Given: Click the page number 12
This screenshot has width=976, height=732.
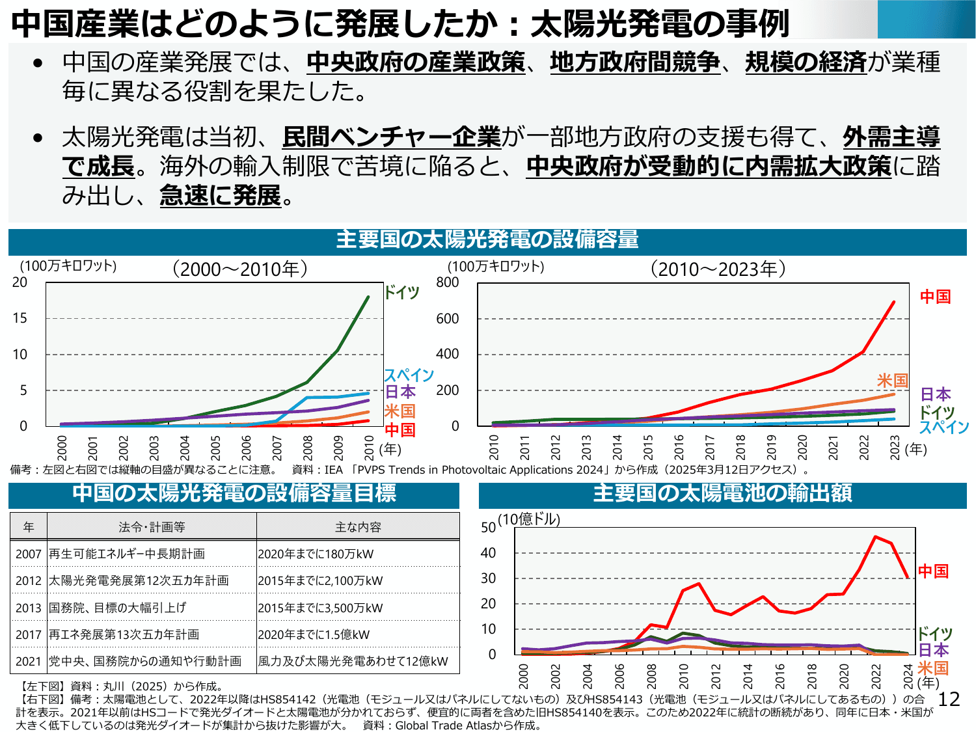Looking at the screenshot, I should tap(949, 699).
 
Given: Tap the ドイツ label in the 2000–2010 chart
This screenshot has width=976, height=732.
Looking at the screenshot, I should tap(401, 292).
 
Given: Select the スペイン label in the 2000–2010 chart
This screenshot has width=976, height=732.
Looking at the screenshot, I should tap(409, 375).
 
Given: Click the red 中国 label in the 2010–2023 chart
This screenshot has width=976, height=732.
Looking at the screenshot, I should tap(935, 297).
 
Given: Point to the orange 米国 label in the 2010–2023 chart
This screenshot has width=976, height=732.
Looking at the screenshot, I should tap(892, 380).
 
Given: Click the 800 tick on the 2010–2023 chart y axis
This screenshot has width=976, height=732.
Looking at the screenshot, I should tap(448, 282).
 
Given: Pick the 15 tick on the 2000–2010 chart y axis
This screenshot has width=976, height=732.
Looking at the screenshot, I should tap(20, 318).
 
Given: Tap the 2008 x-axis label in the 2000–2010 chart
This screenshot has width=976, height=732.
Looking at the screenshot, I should tap(308, 448).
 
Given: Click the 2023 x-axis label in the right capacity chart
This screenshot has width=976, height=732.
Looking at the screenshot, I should tap(895, 448).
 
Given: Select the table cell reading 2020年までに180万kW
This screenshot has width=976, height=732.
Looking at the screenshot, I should tap(316, 554).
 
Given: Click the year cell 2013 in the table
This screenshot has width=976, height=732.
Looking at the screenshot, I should tap(29, 608).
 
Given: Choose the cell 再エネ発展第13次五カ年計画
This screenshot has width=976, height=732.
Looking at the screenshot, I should tap(124, 634).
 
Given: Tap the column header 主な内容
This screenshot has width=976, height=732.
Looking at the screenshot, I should tap(358, 527).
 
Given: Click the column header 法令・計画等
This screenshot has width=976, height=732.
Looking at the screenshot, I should tap(152, 527).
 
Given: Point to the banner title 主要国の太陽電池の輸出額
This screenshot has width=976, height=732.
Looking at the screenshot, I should tap(722, 494).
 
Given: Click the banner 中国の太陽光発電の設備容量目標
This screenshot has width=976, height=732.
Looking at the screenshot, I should tap(234, 494).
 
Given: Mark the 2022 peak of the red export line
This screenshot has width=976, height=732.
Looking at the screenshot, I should tap(876, 537).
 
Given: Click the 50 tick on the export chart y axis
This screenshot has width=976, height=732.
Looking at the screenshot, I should tap(488, 528).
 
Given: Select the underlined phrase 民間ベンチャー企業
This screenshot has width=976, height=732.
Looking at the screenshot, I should tap(392, 137).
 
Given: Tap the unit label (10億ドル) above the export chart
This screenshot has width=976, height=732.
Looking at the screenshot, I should tap(529, 519).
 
